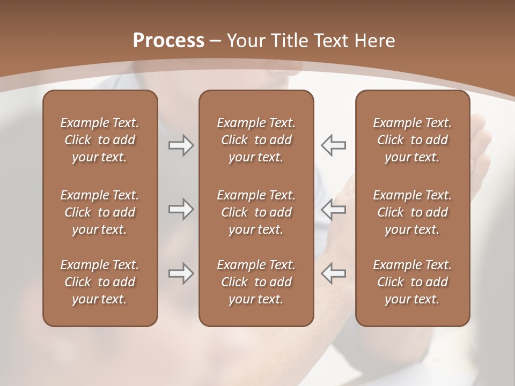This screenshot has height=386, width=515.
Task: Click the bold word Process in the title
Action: (168, 41)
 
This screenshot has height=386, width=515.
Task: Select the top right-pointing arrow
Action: (181, 145)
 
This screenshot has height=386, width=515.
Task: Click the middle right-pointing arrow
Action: (181, 209)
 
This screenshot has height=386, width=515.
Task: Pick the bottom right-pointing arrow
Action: (181, 273)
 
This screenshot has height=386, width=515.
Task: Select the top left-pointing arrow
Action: (334, 145)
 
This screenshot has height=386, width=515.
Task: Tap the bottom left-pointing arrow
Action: (334, 273)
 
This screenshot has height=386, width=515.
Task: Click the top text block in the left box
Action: (100, 140)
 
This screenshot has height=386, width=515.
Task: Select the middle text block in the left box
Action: (100, 212)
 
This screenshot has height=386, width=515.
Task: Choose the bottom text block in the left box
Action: (100, 282)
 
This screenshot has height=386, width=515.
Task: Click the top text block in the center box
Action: (256, 140)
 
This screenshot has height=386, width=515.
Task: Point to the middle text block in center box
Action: (256, 212)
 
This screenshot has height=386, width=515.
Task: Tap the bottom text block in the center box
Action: (256, 282)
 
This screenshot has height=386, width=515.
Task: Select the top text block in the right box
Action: (413, 140)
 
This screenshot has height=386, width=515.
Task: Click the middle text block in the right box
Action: (413, 212)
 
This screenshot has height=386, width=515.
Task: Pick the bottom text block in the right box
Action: (413, 282)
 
